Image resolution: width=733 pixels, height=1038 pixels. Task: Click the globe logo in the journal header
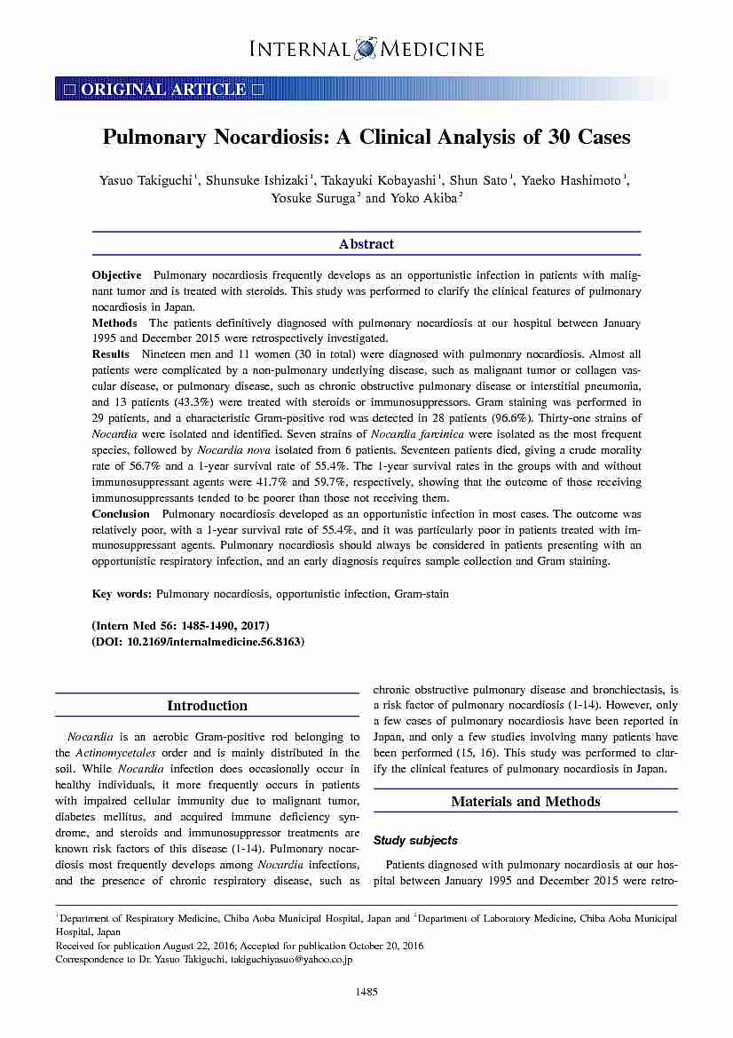[x=366, y=48]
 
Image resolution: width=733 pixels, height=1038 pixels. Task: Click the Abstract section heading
[x=366, y=244]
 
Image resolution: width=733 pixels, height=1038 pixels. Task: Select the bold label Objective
[x=116, y=275]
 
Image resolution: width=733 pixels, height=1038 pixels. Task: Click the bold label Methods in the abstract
[x=114, y=323]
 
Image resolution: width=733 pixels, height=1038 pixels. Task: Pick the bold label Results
[x=112, y=353]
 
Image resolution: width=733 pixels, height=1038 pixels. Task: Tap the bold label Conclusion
[x=121, y=513]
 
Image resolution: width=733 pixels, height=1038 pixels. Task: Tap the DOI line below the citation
[x=198, y=641]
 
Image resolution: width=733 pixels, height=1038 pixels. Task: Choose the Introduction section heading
[x=207, y=706]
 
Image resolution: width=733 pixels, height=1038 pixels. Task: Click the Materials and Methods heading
[x=525, y=802]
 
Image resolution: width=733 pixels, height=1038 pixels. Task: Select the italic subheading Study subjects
[x=415, y=840]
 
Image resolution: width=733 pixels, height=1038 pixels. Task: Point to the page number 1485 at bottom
[x=366, y=992]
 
